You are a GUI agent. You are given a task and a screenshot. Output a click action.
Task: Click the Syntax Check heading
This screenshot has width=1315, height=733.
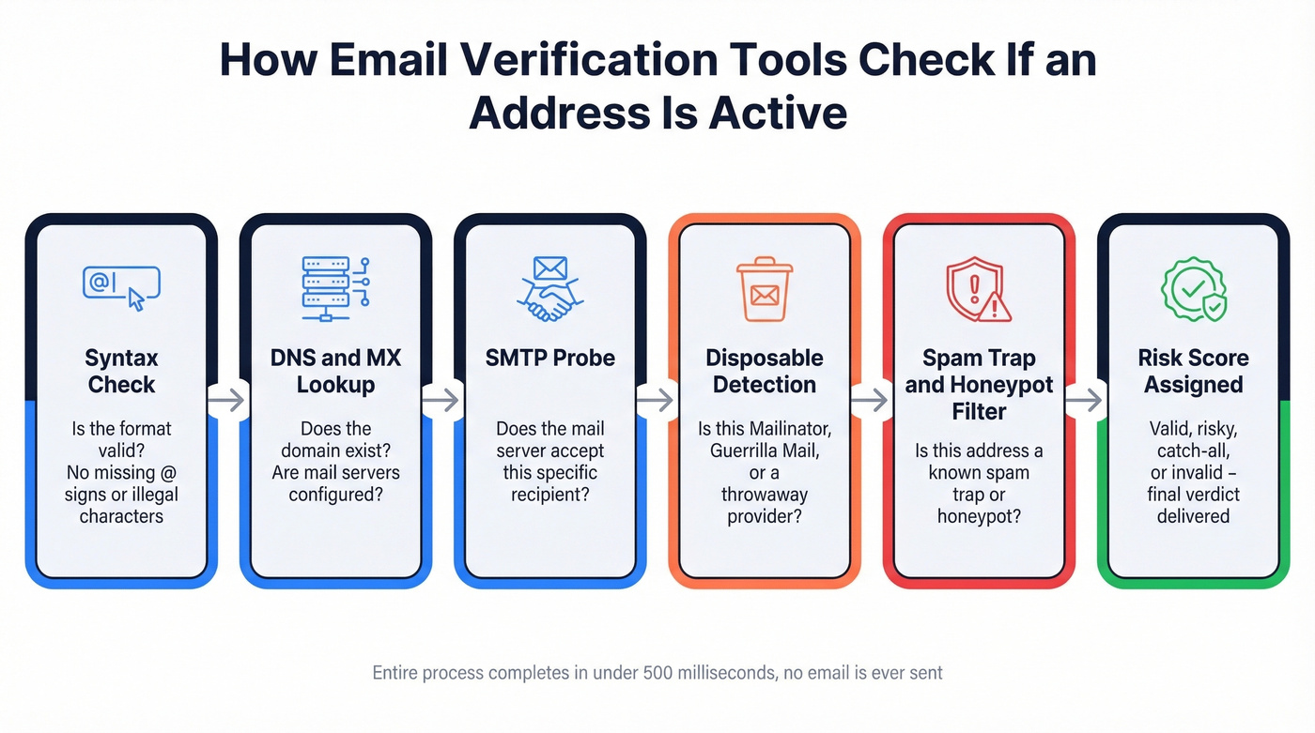pyautogui.click(x=121, y=371)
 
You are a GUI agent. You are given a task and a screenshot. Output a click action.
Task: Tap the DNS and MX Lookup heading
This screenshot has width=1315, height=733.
pyautogui.click(x=335, y=371)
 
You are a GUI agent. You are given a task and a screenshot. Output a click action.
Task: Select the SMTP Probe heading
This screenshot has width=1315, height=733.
pyautogui.click(x=549, y=358)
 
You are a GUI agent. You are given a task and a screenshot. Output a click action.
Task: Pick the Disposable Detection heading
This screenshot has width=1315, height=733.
pyautogui.click(x=765, y=371)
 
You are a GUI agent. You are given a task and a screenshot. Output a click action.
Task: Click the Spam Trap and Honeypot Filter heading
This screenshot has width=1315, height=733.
pyautogui.click(x=979, y=384)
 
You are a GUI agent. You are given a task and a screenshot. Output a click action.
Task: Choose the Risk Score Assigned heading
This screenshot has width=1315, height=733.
pyautogui.click(x=1193, y=371)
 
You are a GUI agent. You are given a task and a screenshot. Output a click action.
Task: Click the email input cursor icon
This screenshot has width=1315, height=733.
pyautogui.click(x=121, y=287)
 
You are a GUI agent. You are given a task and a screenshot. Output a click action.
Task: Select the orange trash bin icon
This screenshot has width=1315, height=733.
pyautogui.click(x=764, y=289)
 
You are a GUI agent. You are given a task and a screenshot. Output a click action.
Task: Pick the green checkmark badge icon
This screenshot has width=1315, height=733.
pyautogui.click(x=1193, y=289)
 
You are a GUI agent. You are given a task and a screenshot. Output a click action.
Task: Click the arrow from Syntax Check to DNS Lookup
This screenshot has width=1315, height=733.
pyautogui.click(x=228, y=401)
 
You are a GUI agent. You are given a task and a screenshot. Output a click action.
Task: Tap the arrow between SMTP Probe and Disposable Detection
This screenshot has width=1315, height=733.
pyautogui.click(x=657, y=401)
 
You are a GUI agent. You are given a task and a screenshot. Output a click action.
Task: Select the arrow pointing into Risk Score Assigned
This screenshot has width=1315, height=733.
pyautogui.click(x=1086, y=401)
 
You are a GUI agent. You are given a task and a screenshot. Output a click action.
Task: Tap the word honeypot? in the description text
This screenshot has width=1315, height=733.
pyautogui.click(x=979, y=516)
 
